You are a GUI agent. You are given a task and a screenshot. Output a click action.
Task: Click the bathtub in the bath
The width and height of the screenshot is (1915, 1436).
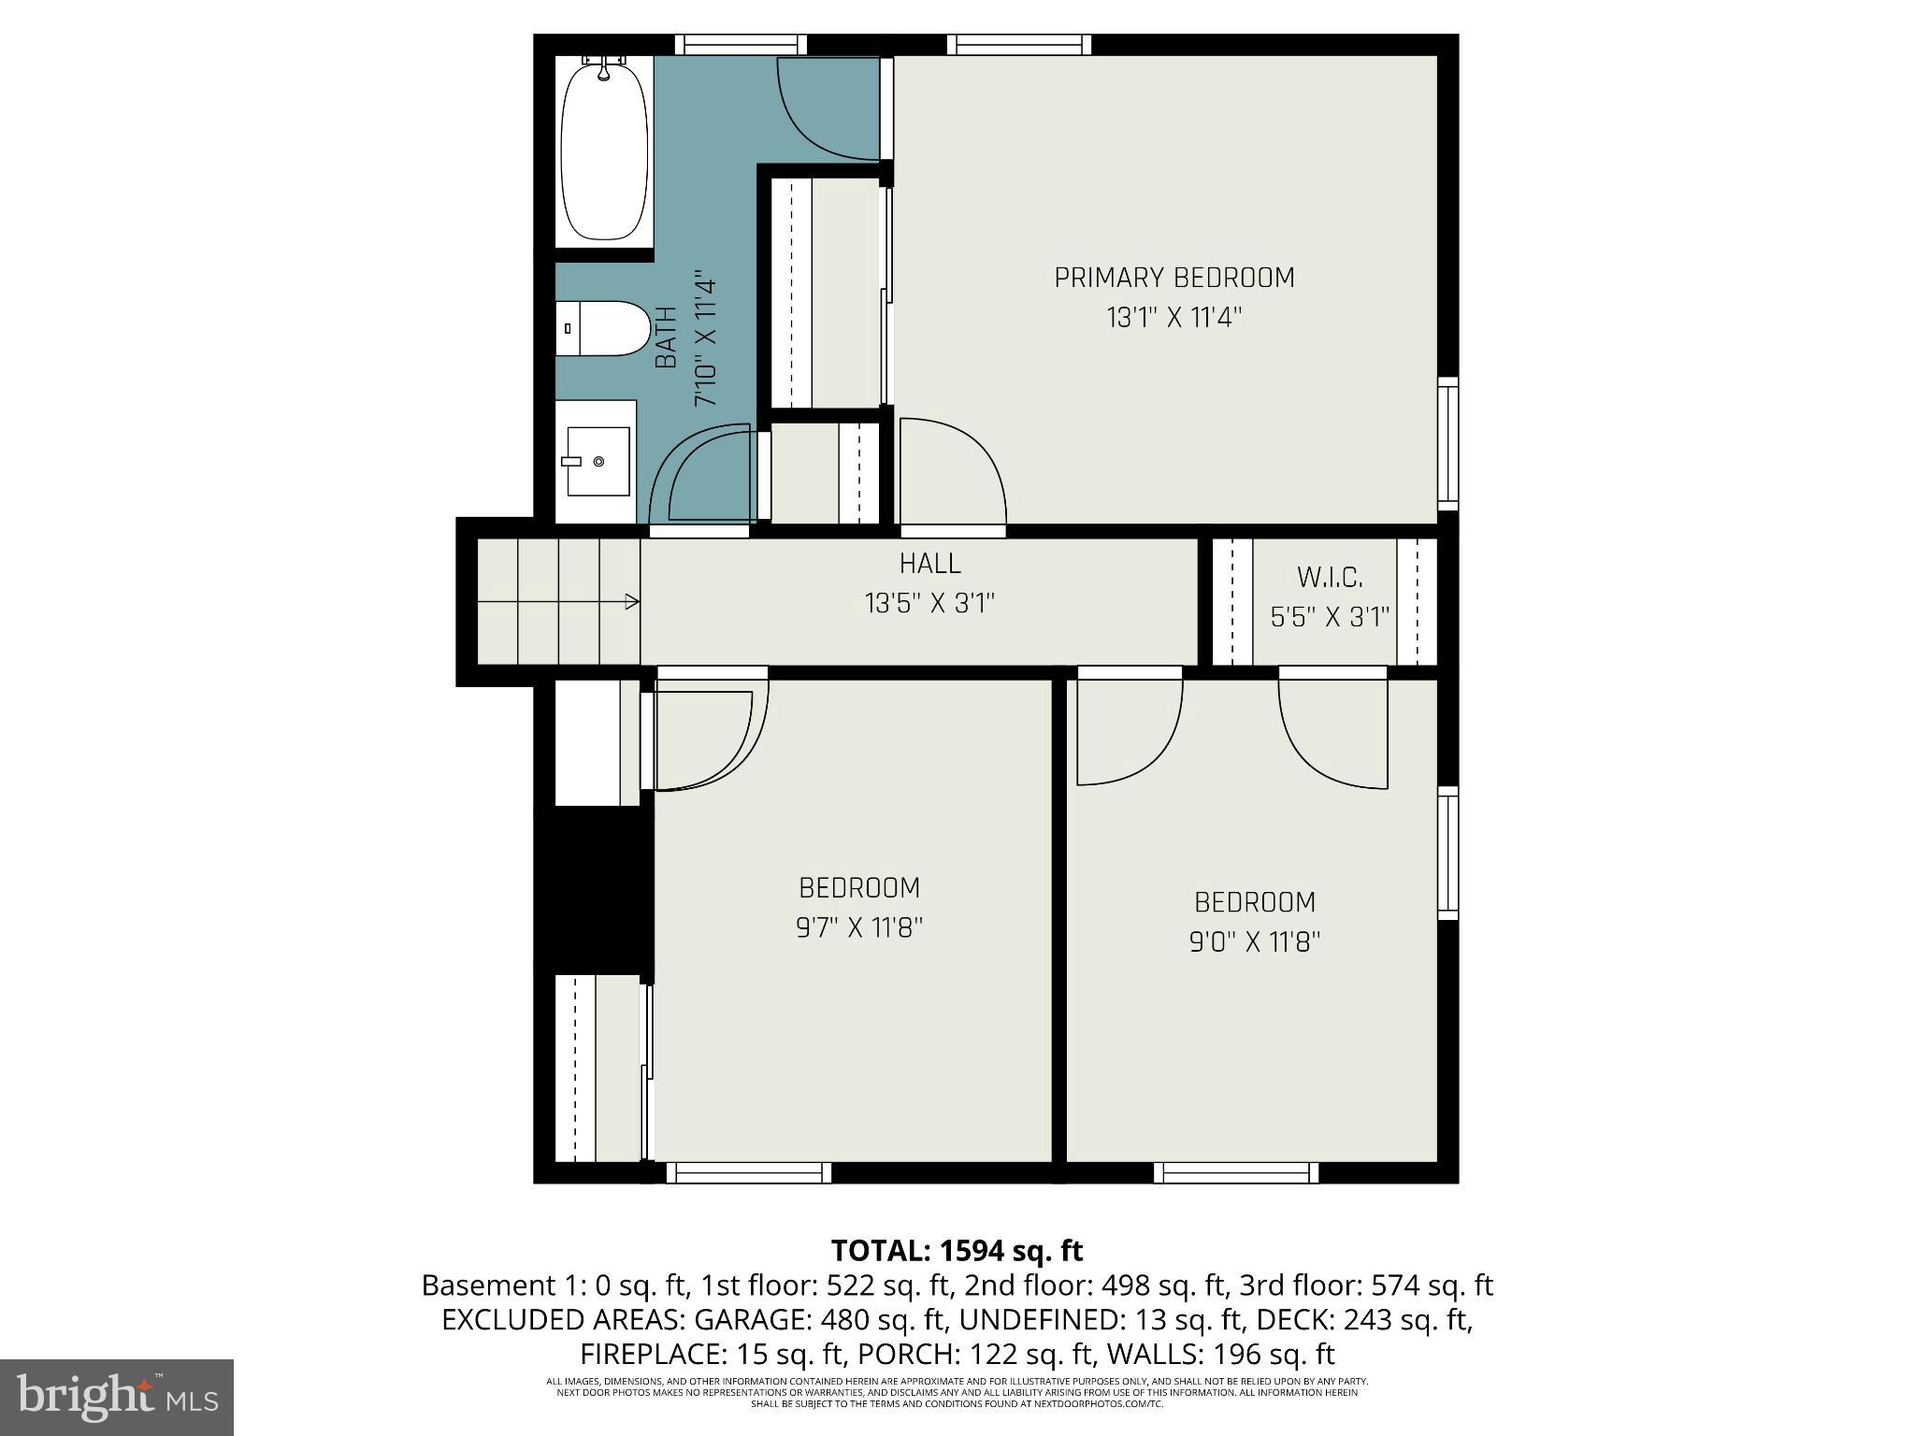604,152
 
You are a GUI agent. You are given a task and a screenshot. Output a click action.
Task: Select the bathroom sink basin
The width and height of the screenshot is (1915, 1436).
598,461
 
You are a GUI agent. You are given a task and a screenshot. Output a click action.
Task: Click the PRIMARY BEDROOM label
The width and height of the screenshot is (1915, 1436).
1173,278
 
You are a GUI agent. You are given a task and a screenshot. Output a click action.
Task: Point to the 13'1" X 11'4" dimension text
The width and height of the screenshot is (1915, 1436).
1173,318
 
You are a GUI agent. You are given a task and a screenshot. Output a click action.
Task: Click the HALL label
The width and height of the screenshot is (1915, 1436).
929,564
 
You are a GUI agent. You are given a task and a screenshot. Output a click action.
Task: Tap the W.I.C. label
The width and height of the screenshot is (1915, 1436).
1330,577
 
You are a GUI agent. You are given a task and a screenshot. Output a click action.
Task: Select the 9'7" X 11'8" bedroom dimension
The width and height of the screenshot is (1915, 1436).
859,927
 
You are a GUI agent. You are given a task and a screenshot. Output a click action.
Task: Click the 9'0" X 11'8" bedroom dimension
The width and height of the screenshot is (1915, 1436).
1254,941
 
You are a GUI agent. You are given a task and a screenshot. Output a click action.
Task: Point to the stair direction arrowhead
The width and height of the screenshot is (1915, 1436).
633,602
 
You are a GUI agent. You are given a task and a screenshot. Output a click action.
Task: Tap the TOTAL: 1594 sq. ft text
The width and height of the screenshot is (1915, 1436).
957,1250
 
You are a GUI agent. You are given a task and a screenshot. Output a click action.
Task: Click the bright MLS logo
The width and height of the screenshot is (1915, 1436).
117,1397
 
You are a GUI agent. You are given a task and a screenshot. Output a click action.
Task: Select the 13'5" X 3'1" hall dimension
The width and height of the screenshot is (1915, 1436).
929,604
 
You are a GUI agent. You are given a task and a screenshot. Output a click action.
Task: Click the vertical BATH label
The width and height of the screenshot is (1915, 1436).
666,337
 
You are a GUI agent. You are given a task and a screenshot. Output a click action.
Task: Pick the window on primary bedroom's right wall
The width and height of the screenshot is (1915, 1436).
1447,443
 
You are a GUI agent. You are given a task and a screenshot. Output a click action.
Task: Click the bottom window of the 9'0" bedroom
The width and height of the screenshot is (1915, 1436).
1235,1172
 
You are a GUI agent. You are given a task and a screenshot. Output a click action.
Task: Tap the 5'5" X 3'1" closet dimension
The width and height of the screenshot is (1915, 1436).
1330,617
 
